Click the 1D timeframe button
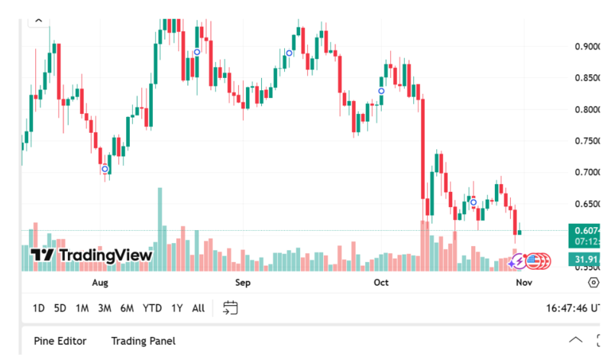click(38, 308)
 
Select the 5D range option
click(60, 308)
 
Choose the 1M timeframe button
click(82, 308)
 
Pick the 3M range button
click(105, 308)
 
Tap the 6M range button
click(127, 308)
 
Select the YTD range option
click(152, 308)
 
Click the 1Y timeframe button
click(177, 308)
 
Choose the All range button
click(198, 308)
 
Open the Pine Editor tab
click(60, 341)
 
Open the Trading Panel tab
click(143, 341)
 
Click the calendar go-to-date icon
click(231, 308)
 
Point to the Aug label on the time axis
click(100, 283)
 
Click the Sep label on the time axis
click(242, 283)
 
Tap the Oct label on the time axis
click(381, 283)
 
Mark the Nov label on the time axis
click(523, 283)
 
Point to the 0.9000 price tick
click(588, 47)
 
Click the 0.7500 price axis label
click(588, 141)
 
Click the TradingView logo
click(92, 255)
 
